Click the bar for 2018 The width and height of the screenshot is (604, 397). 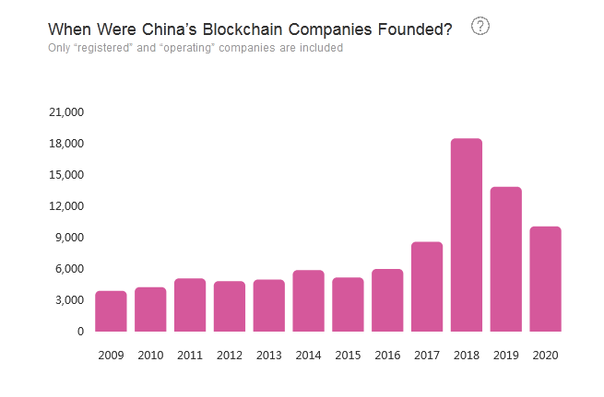(x=466, y=235)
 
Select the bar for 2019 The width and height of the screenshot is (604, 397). (x=505, y=259)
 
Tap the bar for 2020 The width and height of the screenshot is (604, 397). (x=545, y=279)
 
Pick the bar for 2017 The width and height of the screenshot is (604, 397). (x=426, y=286)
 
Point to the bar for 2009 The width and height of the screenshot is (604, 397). (x=111, y=311)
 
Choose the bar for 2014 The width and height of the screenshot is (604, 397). (x=308, y=300)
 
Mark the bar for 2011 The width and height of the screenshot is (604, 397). (x=189, y=305)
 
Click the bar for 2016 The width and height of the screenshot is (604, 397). (x=386, y=300)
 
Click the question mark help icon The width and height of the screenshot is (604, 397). (x=480, y=27)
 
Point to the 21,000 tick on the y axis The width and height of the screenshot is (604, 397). (x=65, y=112)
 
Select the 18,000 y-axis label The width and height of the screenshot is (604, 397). (x=65, y=144)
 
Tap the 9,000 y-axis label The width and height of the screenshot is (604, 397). (x=68, y=238)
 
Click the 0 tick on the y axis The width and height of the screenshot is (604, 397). (x=79, y=332)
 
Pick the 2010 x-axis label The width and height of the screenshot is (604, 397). (x=150, y=356)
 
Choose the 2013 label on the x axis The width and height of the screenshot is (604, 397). (x=268, y=356)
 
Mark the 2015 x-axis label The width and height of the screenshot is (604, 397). (x=348, y=356)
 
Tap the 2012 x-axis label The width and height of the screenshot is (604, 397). (x=229, y=356)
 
